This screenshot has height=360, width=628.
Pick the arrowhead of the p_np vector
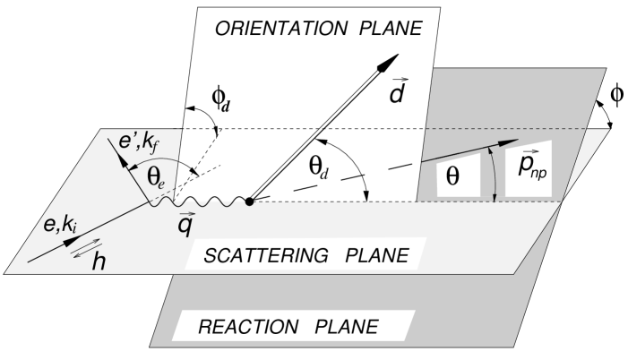[515, 141]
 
